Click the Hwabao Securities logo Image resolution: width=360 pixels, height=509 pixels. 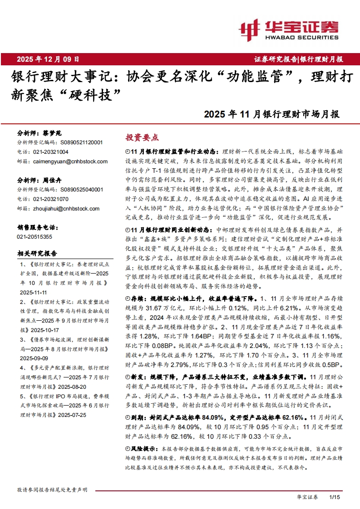[x=288, y=30]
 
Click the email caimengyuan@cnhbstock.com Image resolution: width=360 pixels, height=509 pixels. [x=62, y=162]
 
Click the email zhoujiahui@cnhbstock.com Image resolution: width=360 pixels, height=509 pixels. [x=58, y=208]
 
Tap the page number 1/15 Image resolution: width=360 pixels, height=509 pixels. [x=334, y=498]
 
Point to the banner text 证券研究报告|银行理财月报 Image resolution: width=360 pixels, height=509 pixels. [x=298, y=59]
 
